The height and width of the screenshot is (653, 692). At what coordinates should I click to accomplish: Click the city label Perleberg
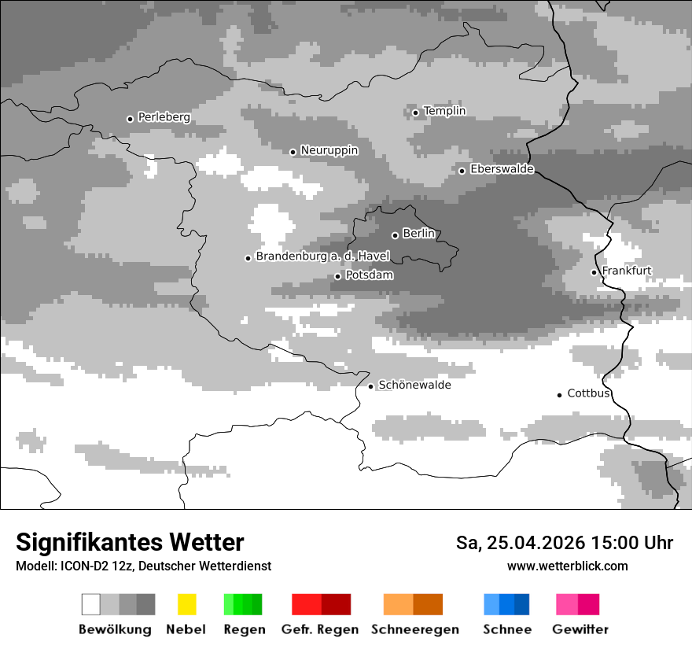(164, 117)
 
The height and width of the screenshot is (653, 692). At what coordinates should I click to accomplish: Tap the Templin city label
(444, 111)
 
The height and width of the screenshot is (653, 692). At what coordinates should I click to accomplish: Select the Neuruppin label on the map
(329, 150)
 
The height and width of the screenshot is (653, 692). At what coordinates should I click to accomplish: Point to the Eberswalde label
(502, 169)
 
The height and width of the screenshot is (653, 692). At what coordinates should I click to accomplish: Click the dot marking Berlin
(395, 235)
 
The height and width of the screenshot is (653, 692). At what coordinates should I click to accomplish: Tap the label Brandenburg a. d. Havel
(322, 256)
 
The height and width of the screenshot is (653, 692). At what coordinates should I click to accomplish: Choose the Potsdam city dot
(337, 276)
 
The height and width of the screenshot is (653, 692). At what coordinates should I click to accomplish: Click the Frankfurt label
(627, 271)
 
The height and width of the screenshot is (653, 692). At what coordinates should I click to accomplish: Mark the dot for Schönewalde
(370, 386)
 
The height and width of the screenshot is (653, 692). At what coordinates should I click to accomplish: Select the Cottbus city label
(588, 393)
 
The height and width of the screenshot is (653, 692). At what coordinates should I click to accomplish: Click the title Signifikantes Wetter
(130, 542)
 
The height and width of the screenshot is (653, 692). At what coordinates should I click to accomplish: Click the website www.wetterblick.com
(567, 566)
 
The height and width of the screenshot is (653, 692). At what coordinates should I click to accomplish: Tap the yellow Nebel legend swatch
(186, 604)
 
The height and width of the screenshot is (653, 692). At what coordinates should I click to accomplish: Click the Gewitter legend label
(580, 629)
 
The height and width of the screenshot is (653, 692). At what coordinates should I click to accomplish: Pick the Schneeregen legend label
(414, 629)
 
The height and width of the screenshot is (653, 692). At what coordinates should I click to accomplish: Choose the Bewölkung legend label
(115, 629)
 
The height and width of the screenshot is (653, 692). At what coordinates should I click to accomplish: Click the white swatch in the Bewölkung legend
(91, 604)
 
